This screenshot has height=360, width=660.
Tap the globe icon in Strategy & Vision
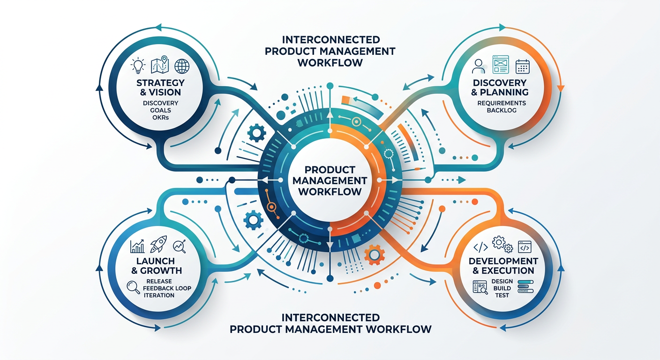(x=181, y=66)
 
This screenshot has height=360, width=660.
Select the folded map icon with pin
(x=159, y=66)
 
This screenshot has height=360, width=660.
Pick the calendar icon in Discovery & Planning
(x=522, y=66)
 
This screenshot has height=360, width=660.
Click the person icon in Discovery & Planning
(x=479, y=67)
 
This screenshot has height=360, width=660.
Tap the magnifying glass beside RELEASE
(x=134, y=287)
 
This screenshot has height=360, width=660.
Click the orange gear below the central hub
(x=374, y=254)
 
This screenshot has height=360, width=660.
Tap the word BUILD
(x=502, y=288)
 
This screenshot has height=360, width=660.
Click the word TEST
(x=502, y=295)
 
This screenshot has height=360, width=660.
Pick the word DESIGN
(x=502, y=281)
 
